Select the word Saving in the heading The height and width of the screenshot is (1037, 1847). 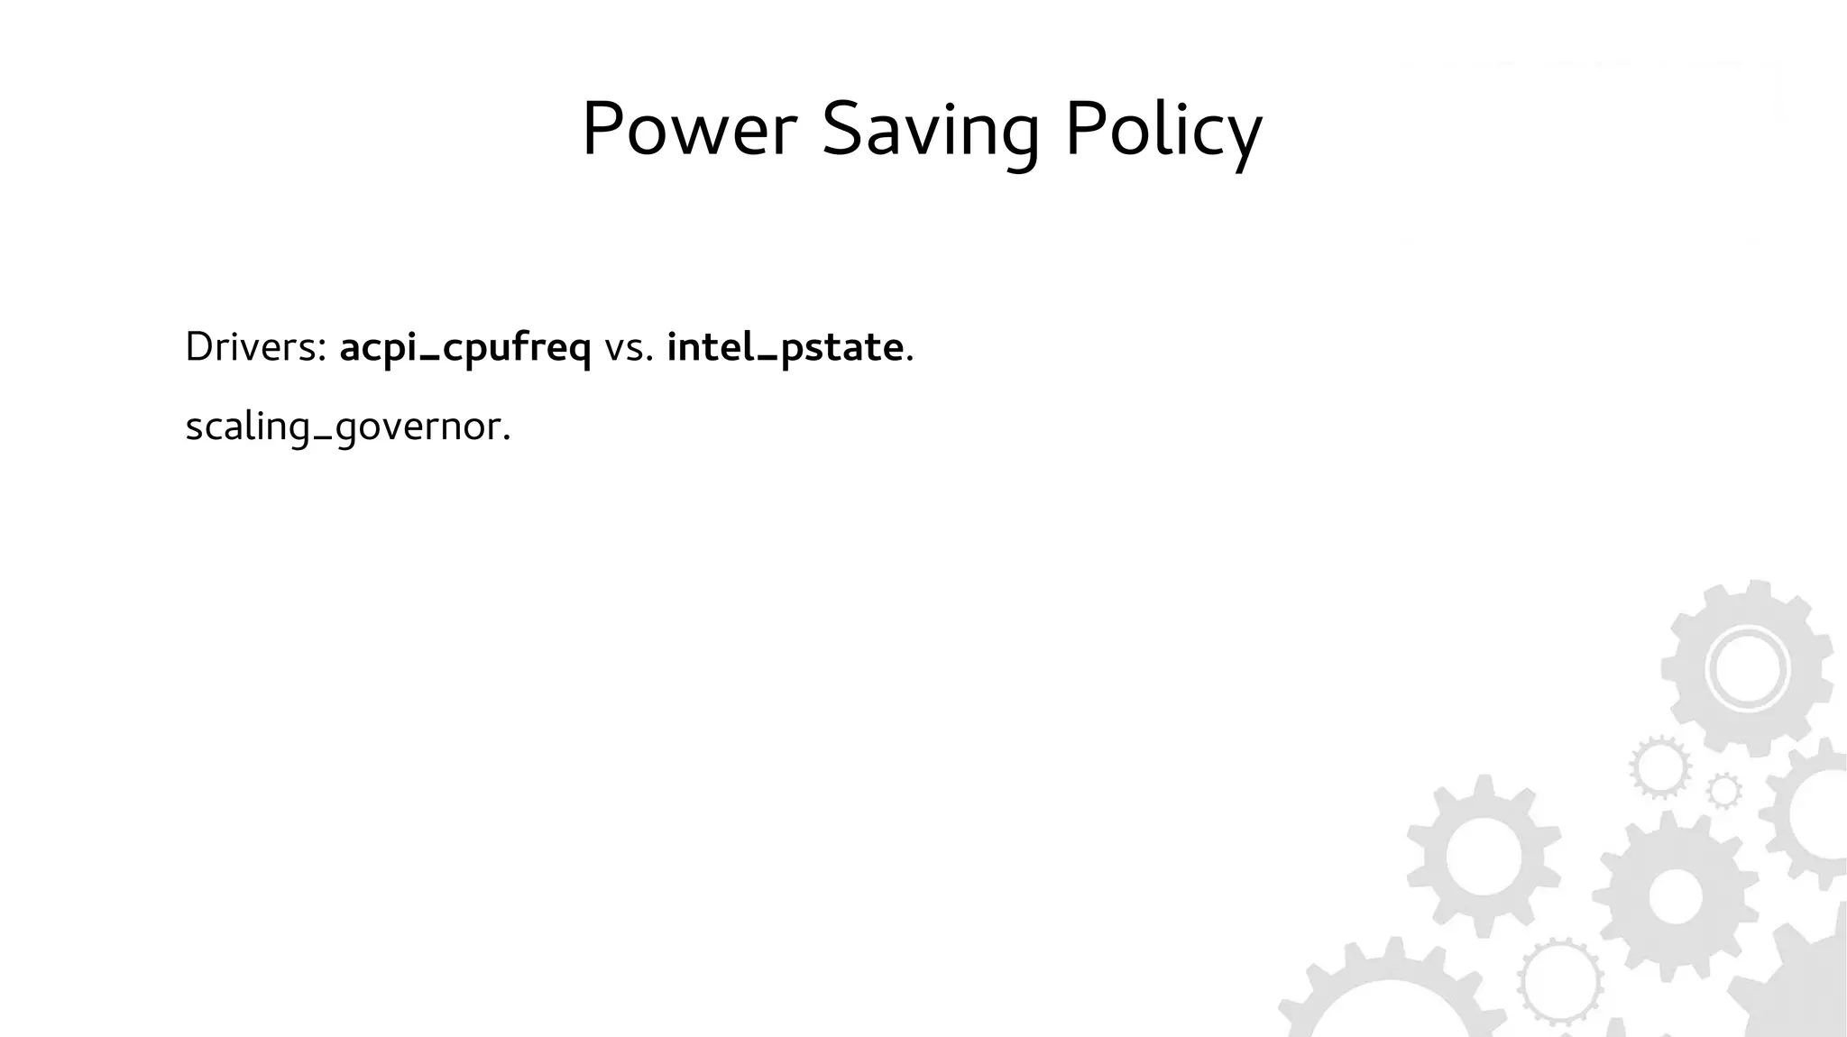click(x=930, y=132)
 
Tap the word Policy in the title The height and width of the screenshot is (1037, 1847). click(x=1163, y=132)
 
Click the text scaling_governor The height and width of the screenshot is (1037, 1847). click(x=347, y=427)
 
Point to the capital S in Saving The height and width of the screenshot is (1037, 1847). click(x=841, y=130)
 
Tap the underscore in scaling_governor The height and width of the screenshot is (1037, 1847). click(x=322, y=439)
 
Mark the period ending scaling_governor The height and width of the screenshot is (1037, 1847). click(x=507, y=439)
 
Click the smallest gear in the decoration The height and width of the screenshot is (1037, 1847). click(x=1724, y=791)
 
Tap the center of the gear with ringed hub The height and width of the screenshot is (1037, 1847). click(x=1747, y=670)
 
